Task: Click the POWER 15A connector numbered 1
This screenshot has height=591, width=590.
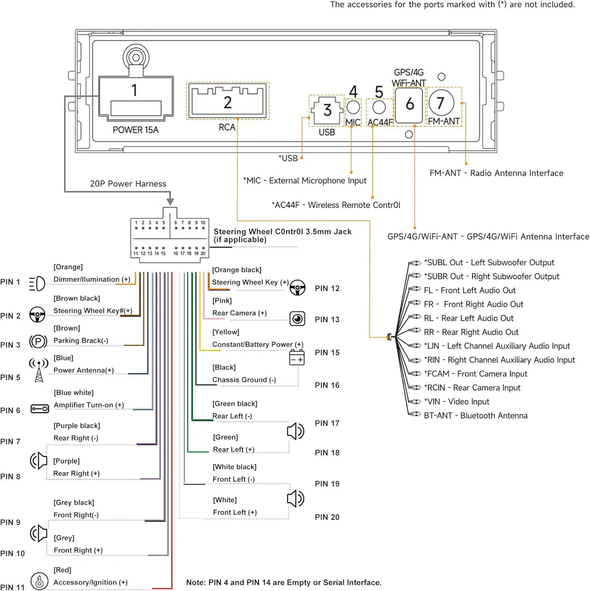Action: (136, 98)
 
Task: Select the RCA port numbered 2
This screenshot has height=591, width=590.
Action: (227, 101)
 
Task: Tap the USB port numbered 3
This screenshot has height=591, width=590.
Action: (327, 110)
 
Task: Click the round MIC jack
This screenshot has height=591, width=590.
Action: (353, 107)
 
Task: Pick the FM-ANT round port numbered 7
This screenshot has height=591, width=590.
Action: (441, 103)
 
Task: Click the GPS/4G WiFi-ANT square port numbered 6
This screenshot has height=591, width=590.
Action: (409, 105)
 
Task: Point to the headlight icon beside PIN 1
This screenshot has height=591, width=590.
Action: (37, 283)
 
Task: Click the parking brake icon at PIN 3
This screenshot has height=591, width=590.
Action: (38, 341)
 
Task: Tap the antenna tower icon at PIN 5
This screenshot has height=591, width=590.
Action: (39, 370)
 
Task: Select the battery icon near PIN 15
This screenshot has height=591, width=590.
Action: (296, 357)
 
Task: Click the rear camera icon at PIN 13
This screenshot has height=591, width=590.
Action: (297, 319)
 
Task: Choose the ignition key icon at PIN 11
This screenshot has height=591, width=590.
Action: (39, 581)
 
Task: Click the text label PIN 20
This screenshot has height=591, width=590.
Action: (327, 517)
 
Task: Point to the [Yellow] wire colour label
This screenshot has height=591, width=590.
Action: (226, 332)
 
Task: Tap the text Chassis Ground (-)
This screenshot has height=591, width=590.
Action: (244, 380)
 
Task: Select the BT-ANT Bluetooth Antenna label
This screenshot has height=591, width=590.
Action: (476, 416)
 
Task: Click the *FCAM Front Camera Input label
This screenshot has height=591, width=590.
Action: (476, 374)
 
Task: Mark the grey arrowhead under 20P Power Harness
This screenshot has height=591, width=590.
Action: (170, 202)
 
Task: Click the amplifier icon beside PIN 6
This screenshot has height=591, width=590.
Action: (39, 409)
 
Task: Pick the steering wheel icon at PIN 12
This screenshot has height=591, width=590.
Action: (297, 288)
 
